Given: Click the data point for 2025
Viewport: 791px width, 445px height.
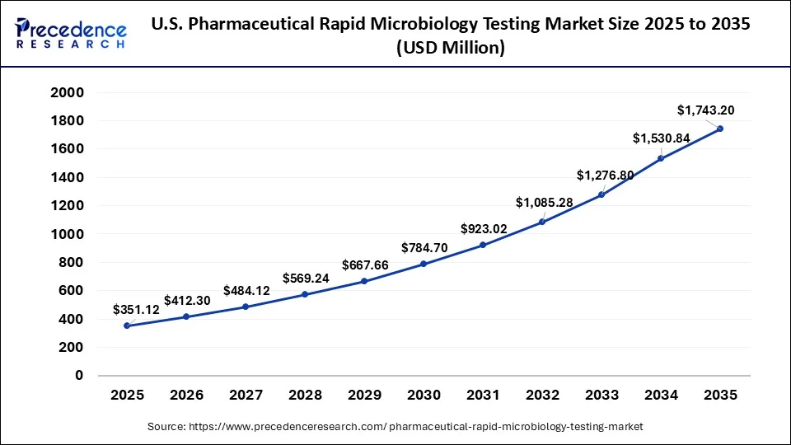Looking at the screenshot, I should tap(127, 326).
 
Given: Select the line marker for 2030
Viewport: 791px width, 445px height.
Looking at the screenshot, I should tap(424, 264).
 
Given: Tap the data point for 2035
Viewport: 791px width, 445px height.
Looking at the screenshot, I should tap(720, 129).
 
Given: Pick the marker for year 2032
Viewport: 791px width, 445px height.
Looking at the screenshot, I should tap(542, 222).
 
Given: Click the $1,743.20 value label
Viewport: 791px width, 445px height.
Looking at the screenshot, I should tap(706, 110).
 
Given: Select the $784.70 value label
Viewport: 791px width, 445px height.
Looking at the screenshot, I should tap(424, 247).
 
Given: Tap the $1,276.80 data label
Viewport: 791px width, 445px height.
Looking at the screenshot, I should tap(605, 175).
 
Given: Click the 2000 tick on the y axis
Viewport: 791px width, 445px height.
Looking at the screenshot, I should tap(68, 92).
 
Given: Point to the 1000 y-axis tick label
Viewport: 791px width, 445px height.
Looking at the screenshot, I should tap(68, 234).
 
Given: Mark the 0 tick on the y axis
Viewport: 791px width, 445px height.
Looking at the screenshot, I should tap(79, 376).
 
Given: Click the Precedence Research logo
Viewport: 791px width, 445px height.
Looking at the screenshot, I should tap(71, 34).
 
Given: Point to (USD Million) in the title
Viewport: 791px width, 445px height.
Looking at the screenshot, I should tap(451, 48).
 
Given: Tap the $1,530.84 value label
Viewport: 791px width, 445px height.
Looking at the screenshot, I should tap(662, 138).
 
